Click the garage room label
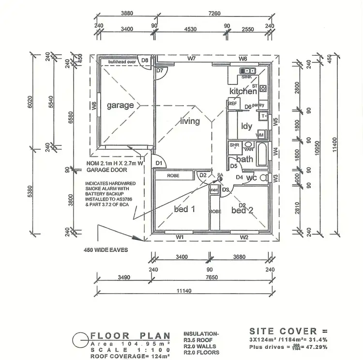[x=121, y=105]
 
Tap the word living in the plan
[x=190, y=121]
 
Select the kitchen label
[x=243, y=91]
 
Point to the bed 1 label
[x=184, y=209]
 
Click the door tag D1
[x=159, y=163]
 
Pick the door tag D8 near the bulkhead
[x=145, y=61]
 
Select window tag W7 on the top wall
[x=192, y=59]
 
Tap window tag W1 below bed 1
[x=180, y=237]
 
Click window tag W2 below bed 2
[x=244, y=237]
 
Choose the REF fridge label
[x=233, y=104]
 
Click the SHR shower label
[x=235, y=145]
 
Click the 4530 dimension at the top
[x=190, y=29]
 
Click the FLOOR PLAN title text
[x=131, y=335]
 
